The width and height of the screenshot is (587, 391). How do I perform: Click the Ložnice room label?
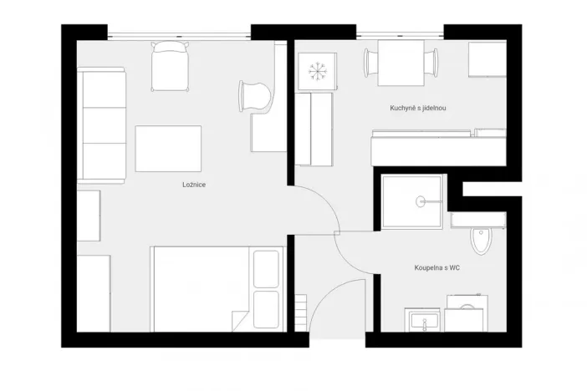[193, 185]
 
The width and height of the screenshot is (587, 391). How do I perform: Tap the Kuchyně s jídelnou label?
[417, 108]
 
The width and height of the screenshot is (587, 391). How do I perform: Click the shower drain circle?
[421, 201]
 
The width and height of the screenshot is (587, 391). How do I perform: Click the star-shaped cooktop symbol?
[317, 71]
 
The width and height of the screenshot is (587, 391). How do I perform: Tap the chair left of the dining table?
[369, 63]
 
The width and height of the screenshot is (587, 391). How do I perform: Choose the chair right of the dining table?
[432, 63]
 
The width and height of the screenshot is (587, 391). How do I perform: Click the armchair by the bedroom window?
[170, 67]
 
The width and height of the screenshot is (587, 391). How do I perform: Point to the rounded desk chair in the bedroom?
[256, 95]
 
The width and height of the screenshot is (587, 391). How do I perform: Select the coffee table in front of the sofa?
[168, 148]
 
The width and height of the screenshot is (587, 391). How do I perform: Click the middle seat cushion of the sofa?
[102, 124]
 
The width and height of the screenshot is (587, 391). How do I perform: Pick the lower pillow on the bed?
[266, 310]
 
